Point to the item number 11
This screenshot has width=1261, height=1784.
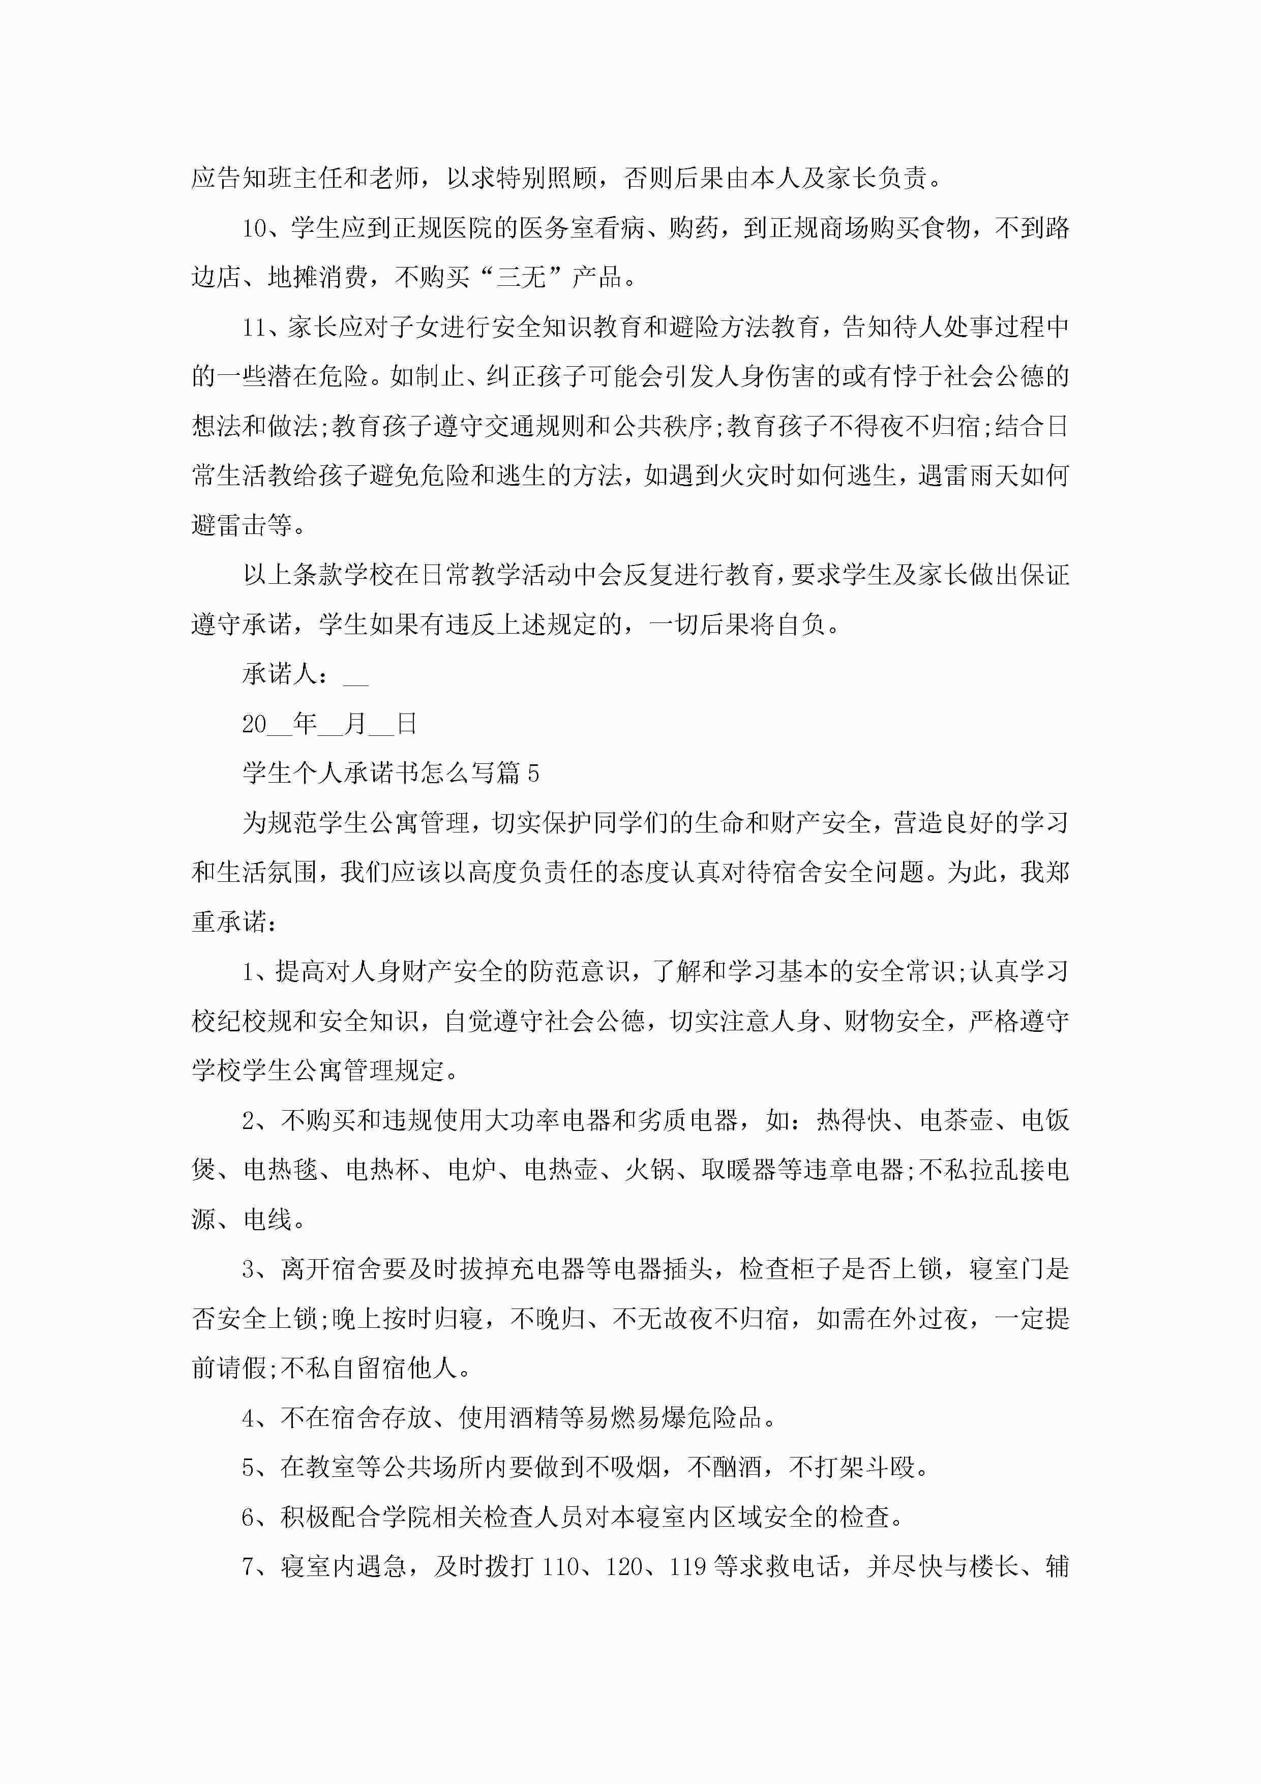click(x=254, y=327)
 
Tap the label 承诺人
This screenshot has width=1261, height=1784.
click(x=280, y=674)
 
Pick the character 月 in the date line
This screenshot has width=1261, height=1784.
click(x=355, y=724)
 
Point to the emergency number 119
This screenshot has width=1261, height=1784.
click(x=687, y=1566)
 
